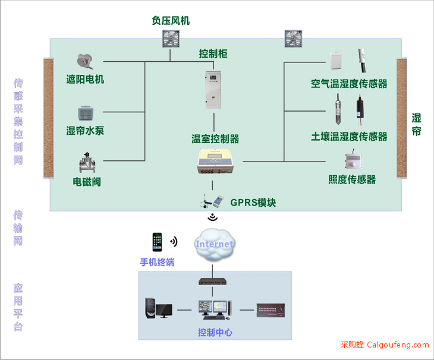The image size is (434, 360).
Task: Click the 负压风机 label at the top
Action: pyautogui.click(x=171, y=21)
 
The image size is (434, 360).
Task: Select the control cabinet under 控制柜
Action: pyautogui.click(x=213, y=90)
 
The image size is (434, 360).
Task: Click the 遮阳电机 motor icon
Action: pyautogui.click(x=85, y=61)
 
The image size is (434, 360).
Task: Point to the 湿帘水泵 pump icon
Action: pyautogui.click(x=86, y=113)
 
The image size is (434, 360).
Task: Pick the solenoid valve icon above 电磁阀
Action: pyautogui.click(x=87, y=163)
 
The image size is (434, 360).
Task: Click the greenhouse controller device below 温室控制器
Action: pyautogui.click(x=215, y=162)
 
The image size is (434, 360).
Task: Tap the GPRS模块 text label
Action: pyautogui.click(x=253, y=203)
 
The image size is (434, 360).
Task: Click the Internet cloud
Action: pyautogui.click(x=214, y=245)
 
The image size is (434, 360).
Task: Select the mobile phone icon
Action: pyautogui.click(x=157, y=242)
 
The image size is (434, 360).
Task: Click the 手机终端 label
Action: pyautogui.click(x=157, y=262)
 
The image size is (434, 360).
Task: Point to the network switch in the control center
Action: pyautogui.click(x=213, y=282)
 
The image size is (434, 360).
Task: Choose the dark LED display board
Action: pyautogui.click(x=271, y=310)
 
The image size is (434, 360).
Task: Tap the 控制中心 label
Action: pyautogui.click(x=215, y=332)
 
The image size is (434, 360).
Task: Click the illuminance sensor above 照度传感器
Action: pyautogui.click(x=353, y=159)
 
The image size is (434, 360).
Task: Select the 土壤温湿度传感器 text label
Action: pyautogui.click(x=349, y=137)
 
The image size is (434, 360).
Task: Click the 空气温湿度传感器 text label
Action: pyautogui.click(x=349, y=84)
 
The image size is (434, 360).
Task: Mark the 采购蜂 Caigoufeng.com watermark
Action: pyautogui.click(x=385, y=345)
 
